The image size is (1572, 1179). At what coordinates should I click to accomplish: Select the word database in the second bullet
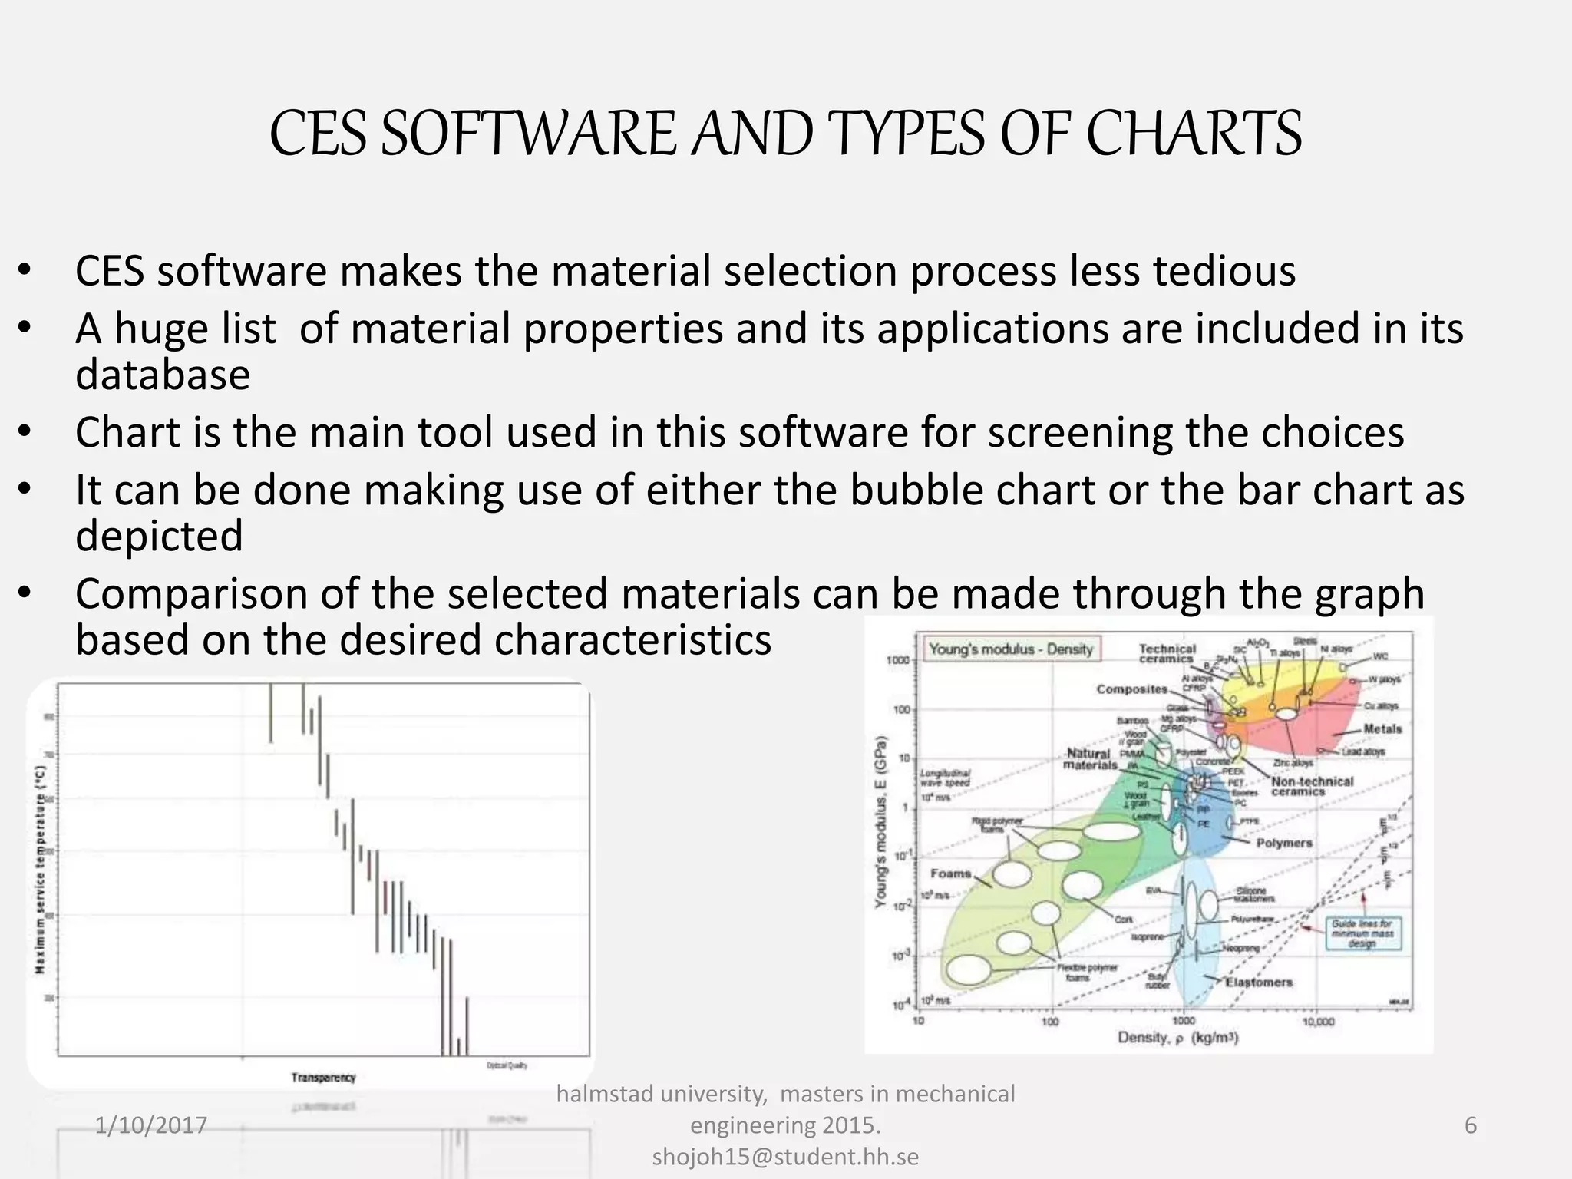point(163,375)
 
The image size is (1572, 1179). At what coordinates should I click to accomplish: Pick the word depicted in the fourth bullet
point(159,536)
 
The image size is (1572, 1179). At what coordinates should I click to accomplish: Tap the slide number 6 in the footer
point(1471,1125)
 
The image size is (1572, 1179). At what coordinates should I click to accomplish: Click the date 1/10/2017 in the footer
point(151,1125)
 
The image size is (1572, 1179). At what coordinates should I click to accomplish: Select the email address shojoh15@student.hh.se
point(785,1157)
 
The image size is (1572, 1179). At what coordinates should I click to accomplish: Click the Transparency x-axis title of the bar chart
point(323,1078)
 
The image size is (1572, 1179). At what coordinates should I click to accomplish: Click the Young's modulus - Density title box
point(1011,649)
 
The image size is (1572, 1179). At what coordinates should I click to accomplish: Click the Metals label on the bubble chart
point(1382,729)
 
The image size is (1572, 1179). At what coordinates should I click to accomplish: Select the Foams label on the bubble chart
point(951,874)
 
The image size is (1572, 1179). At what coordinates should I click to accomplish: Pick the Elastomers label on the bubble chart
point(1259,982)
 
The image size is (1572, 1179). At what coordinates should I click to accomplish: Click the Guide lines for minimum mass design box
point(1362,934)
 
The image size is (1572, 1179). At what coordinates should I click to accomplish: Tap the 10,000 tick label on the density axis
point(1318,1022)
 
